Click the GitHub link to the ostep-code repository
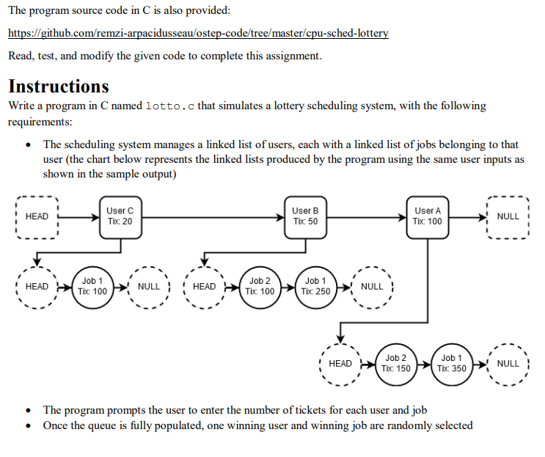(198, 33)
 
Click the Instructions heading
(59, 86)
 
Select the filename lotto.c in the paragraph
(170, 106)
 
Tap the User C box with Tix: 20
(120, 216)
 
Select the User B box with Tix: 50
(305, 216)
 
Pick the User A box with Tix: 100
(428, 216)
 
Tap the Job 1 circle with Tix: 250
(315, 286)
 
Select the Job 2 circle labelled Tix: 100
(260, 286)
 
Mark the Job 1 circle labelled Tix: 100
(92, 286)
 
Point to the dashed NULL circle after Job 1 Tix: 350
(508, 363)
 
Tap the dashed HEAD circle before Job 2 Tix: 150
(340, 363)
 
